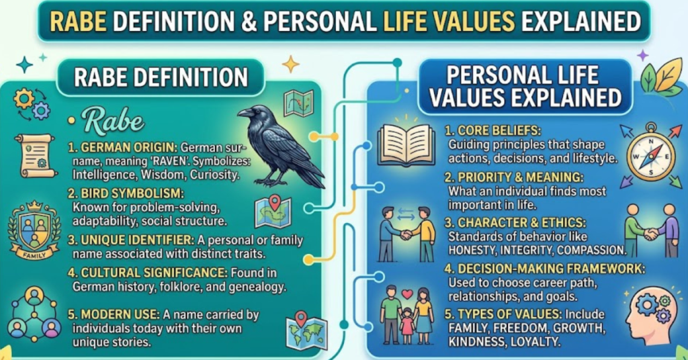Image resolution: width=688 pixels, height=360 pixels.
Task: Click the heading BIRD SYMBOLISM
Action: coord(124,193)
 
